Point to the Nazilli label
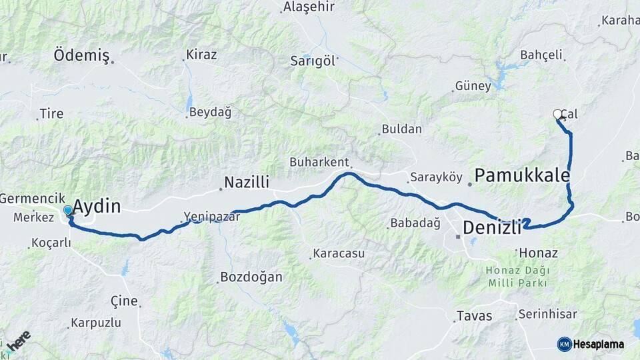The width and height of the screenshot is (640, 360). pos(246,182)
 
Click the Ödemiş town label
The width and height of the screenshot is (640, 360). pos(81,55)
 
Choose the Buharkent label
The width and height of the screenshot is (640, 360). pos(319,162)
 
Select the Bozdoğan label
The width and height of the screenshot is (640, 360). pos(252,277)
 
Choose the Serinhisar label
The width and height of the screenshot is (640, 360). pos(553,315)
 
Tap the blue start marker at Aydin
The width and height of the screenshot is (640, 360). pos(68,211)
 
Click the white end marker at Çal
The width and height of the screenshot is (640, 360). pos(558,115)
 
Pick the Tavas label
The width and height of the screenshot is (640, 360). pos(474,316)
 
